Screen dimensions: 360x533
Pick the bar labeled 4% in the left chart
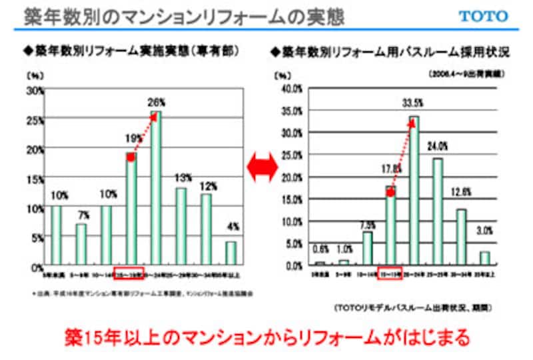231,253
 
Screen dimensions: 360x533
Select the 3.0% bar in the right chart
485,258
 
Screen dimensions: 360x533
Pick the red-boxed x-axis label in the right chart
390,272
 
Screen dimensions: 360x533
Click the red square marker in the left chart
131,157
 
